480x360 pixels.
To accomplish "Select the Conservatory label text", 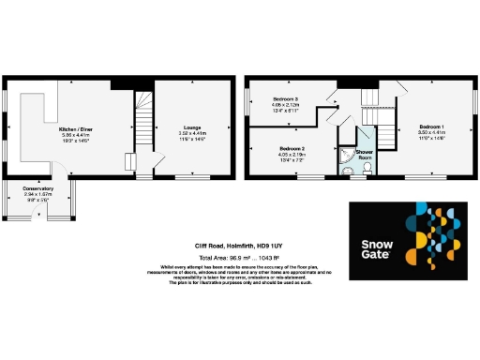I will point(38,188).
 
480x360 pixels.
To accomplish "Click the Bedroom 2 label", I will point(292,148).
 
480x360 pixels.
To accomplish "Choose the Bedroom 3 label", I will point(286,98).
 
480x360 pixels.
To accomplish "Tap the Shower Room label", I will point(365,154).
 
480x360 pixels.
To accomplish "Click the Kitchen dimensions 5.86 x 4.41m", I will point(74,136).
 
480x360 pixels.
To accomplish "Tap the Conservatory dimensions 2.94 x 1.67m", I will point(38,195).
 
